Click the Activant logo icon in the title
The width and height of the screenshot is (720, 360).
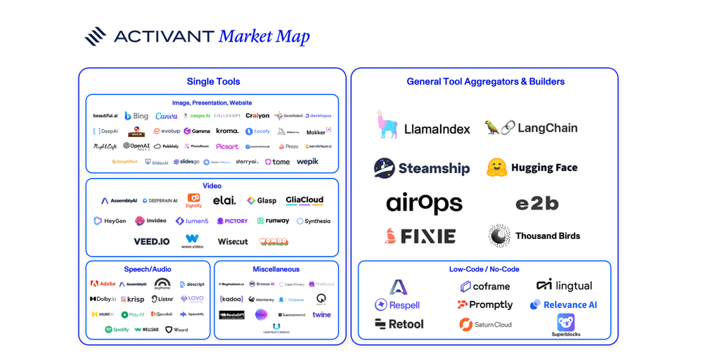click(95, 36)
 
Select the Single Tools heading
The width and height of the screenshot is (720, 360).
click(213, 82)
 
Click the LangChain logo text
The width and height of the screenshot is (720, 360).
click(547, 128)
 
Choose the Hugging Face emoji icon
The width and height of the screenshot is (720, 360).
click(497, 167)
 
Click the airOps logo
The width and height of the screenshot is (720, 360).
click(424, 203)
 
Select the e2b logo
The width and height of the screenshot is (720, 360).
click(536, 203)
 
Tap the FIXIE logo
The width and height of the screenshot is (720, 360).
click(420, 236)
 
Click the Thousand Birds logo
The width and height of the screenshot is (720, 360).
click(534, 236)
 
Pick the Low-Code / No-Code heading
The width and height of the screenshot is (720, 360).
click(484, 269)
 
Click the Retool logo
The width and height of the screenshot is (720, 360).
click(399, 324)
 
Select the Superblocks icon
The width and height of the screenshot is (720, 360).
click(565, 322)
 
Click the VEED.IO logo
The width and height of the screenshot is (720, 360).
click(152, 241)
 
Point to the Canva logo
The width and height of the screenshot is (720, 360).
click(167, 116)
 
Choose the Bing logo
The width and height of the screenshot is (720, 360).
click(136, 116)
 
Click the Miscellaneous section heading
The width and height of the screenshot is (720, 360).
click(276, 269)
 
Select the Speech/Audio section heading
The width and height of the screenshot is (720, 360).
click(148, 269)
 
